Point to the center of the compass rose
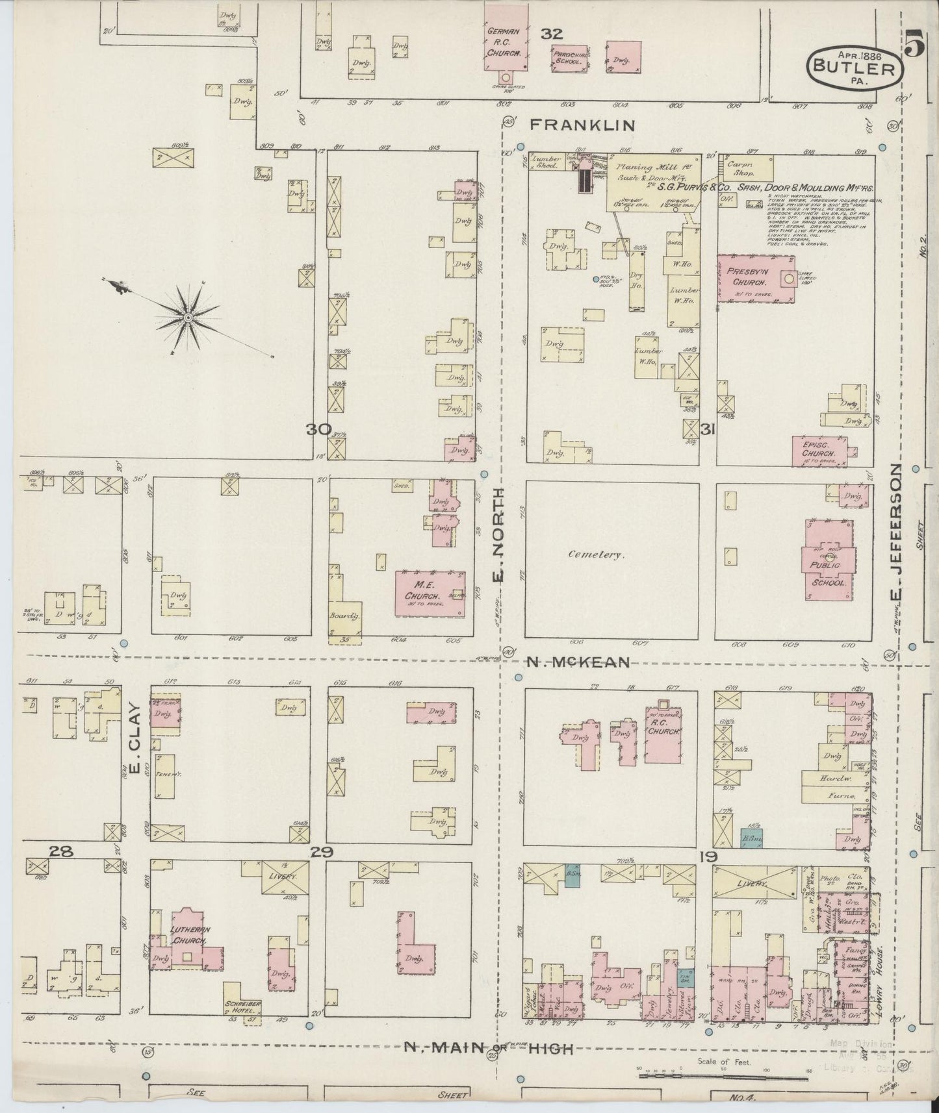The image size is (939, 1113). [188, 317]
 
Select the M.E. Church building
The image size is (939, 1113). [430, 593]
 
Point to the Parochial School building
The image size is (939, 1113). [570, 58]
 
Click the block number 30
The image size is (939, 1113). [319, 429]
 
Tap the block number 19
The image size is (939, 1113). [708, 857]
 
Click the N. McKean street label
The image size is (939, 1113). [577, 662]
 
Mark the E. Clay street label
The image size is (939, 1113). [136, 739]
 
